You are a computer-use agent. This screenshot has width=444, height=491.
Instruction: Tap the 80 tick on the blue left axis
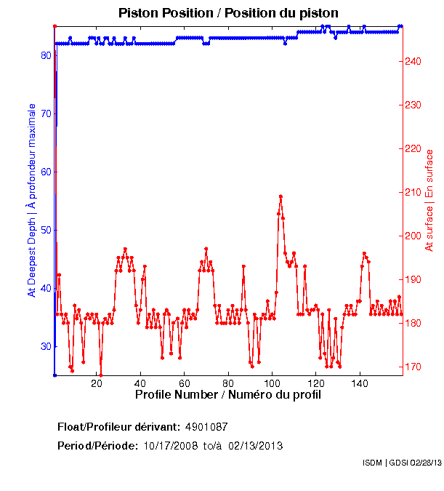[46, 55]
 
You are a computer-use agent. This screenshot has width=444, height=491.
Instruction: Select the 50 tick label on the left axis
[46, 230]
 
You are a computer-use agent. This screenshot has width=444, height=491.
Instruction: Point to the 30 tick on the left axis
[46, 346]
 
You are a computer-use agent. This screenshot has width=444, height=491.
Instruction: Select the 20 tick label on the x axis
[97, 383]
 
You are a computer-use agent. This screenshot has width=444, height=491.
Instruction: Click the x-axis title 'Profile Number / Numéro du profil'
[228, 395]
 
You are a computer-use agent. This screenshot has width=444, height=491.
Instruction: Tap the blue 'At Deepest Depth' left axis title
[31, 200]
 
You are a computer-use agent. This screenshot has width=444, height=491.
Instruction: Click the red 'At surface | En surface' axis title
[429, 200]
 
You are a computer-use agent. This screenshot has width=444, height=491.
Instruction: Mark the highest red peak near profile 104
[280, 196]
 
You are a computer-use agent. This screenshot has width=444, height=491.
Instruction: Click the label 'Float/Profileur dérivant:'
[118, 426]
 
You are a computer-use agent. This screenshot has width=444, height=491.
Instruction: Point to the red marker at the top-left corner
[55, 26]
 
